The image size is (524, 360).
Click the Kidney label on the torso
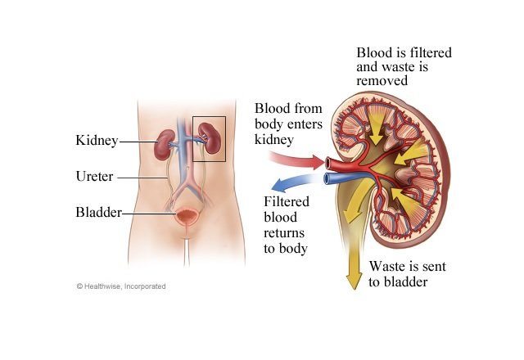[x=97, y=141]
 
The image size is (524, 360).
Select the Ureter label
[x=95, y=177]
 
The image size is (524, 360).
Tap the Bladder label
[x=98, y=212]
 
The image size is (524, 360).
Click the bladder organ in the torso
[x=186, y=216]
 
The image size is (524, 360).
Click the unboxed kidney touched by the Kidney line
[x=165, y=145]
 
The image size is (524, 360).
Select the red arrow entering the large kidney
[x=296, y=160]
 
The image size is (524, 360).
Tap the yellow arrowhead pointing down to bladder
[x=354, y=280]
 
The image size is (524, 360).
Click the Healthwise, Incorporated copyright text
[x=121, y=286]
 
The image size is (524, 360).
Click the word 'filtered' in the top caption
[x=431, y=52]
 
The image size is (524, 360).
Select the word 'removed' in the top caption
[x=382, y=81]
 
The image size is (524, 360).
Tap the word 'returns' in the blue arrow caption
[x=284, y=232]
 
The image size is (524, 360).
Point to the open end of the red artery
[x=327, y=163]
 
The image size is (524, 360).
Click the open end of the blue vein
[x=327, y=178]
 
